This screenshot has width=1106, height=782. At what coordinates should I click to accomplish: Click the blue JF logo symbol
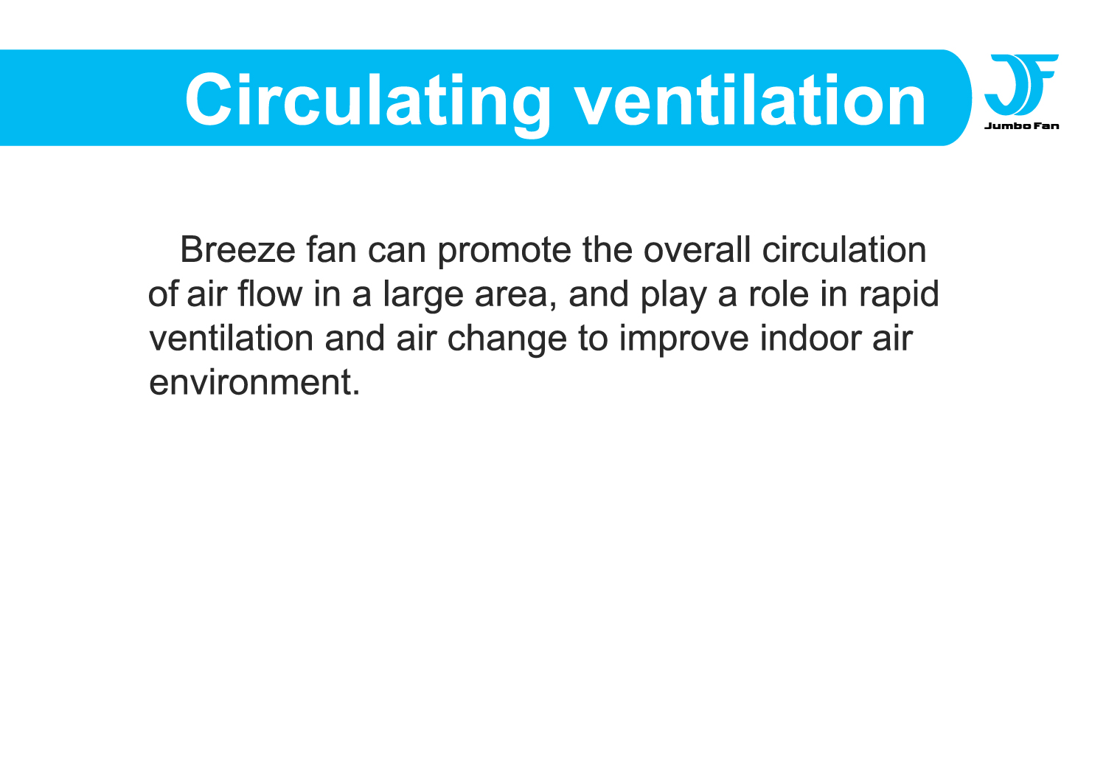[1020, 85]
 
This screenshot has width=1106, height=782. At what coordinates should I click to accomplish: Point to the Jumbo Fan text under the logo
[1021, 126]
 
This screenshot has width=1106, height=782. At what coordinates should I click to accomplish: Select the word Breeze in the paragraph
[237, 250]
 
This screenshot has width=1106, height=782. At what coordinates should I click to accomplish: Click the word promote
[504, 252]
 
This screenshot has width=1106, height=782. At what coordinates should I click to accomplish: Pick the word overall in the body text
[697, 249]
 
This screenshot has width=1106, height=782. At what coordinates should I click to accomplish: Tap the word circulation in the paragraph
[844, 249]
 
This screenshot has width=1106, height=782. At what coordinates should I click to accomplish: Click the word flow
[270, 294]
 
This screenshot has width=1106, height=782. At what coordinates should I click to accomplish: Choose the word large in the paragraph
[423, 295]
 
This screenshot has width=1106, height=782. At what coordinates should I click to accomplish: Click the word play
[673, 295]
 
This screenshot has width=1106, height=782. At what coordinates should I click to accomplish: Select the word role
[779, 294]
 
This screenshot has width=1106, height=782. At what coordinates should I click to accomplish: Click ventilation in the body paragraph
[231, 338]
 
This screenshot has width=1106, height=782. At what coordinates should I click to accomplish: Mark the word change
[507, 340]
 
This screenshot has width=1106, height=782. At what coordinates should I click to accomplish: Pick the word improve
[684, 340]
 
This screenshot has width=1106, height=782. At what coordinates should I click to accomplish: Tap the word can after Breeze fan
[397, 252]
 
